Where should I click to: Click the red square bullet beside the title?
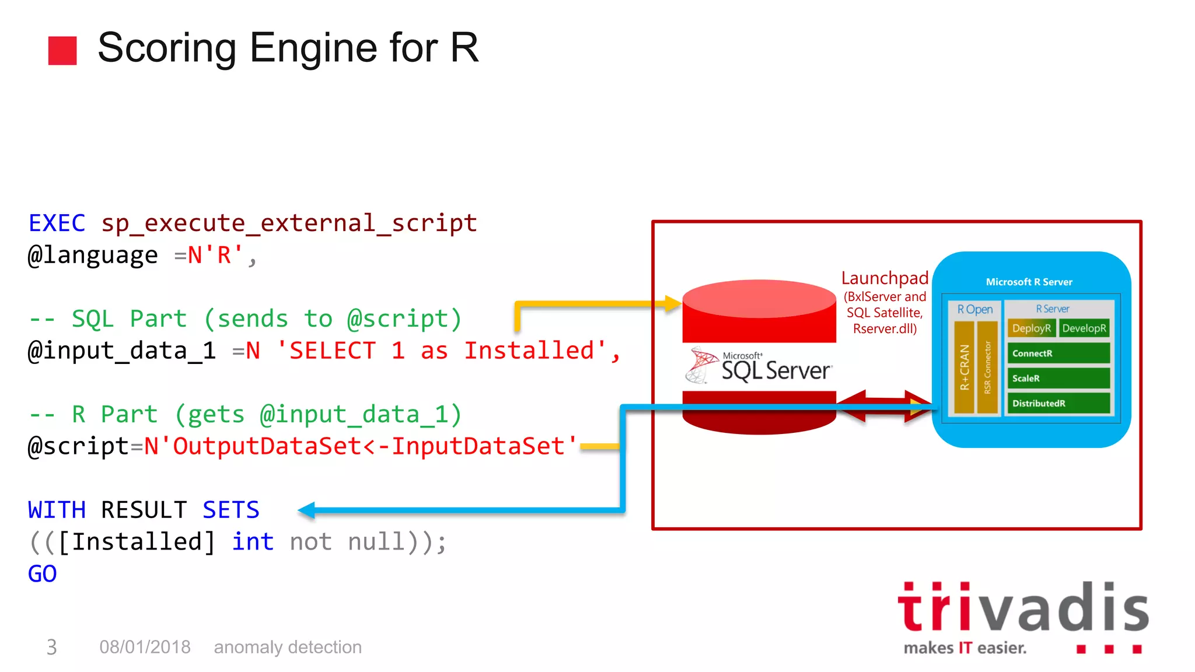pyautogui.click(x=62, y=51)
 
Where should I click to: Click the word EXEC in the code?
pyautogui.click(x=57, y=223)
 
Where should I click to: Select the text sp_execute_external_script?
pyautogui.click(x=289, y=223)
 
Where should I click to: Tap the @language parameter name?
pyautogui.click(x=93, y=256)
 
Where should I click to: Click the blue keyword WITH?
pyautogui.click(x=57, y=510)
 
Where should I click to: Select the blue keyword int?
pyautogui.click(x=253, y=542)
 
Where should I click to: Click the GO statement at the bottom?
pyautogui.click(x=42, y=574)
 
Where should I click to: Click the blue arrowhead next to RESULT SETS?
pyautogui.click(x=307, y=510)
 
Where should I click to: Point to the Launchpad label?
pyautogui.click(x=885, y=278)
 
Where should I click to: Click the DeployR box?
pyautogui.click(x=1031, y=328)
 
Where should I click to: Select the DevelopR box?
pyautogui.click(x=1084, y=328)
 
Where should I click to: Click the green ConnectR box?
pyautogui.click(x=1058, y=353)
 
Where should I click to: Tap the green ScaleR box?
pyautogui.click(x=1058, y=379)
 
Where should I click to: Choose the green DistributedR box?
pyautogui.click(x=1058, y=404)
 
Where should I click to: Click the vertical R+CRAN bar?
pyautogui.click(x=965, y=367)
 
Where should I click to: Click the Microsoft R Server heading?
pyautogui.click(x=1029, y=282)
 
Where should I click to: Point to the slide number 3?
pyautogui.click(x=51, y=647)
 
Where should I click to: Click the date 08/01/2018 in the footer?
pyautogui.click(x=145, y=647)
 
